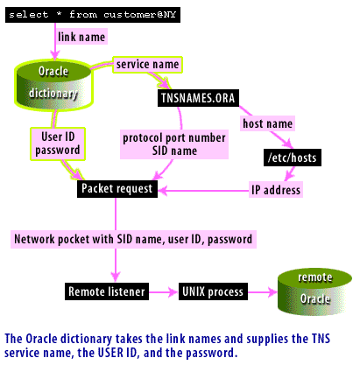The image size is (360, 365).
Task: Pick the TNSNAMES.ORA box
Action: (195, 96)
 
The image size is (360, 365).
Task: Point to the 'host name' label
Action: (266, 125)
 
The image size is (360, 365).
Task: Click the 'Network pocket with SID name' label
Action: (132, 239)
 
